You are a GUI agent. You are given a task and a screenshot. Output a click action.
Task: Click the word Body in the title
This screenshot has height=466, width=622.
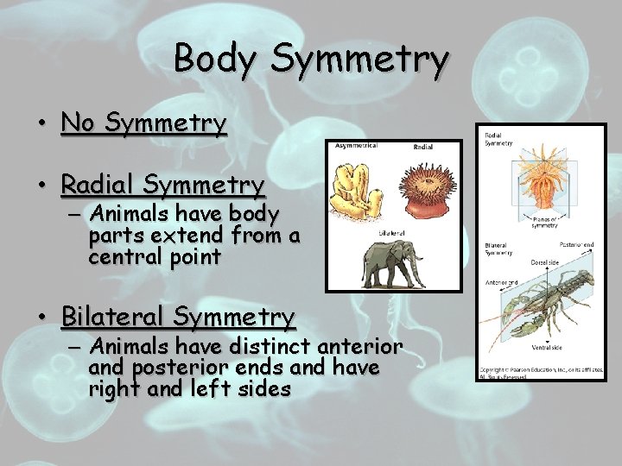216,59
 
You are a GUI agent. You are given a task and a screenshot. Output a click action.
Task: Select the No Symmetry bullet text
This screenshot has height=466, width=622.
143,123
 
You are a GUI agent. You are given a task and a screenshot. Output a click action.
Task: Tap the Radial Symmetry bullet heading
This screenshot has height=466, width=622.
162,185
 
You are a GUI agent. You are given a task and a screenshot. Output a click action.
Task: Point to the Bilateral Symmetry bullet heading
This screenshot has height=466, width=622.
178,317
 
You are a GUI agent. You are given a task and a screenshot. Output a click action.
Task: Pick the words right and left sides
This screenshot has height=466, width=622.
189,389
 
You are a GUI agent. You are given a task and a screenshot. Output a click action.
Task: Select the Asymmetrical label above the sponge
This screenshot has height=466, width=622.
356,147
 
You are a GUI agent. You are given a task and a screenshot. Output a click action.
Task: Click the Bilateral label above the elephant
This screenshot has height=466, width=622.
392,233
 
